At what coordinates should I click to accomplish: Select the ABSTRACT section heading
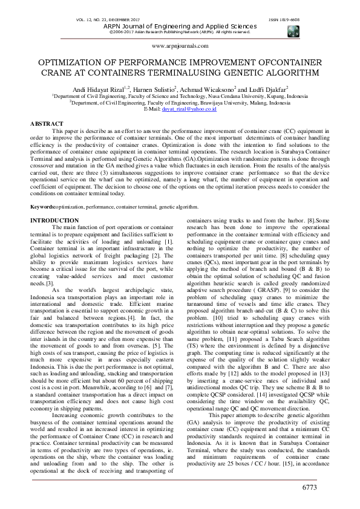[x=48, y=123]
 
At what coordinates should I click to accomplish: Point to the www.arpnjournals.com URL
[x=180, y=45]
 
